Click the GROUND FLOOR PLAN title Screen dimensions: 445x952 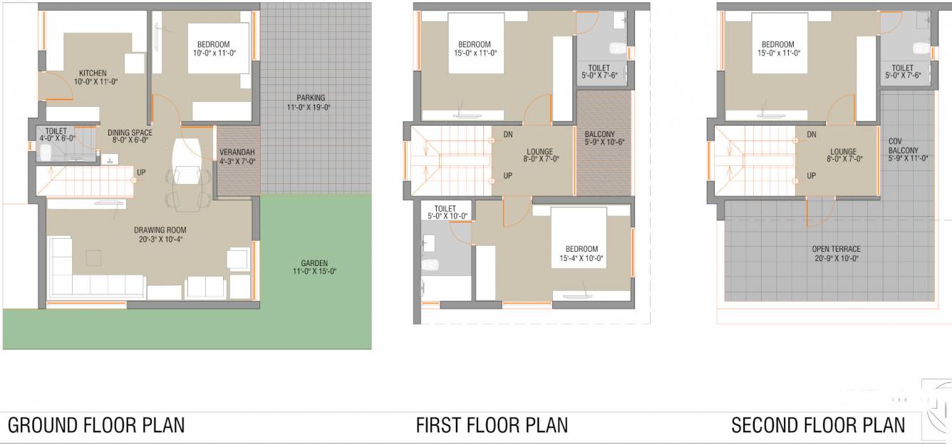[x=96, y=426]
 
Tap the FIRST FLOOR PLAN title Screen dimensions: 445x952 [x=492, y=426]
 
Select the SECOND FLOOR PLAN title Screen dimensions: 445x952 [x=818, y=426]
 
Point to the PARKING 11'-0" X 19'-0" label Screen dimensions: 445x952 [x=311, y=103]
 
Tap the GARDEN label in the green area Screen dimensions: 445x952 [x=314, y=267]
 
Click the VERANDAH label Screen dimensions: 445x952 [x=237, y=157]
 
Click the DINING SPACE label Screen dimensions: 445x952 [x=130, y=136]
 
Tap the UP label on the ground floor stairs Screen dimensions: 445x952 [x=142, y=172]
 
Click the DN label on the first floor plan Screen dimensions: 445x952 [x=508, y=134]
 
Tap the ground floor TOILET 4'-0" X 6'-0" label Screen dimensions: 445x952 [x=56, y=135]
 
